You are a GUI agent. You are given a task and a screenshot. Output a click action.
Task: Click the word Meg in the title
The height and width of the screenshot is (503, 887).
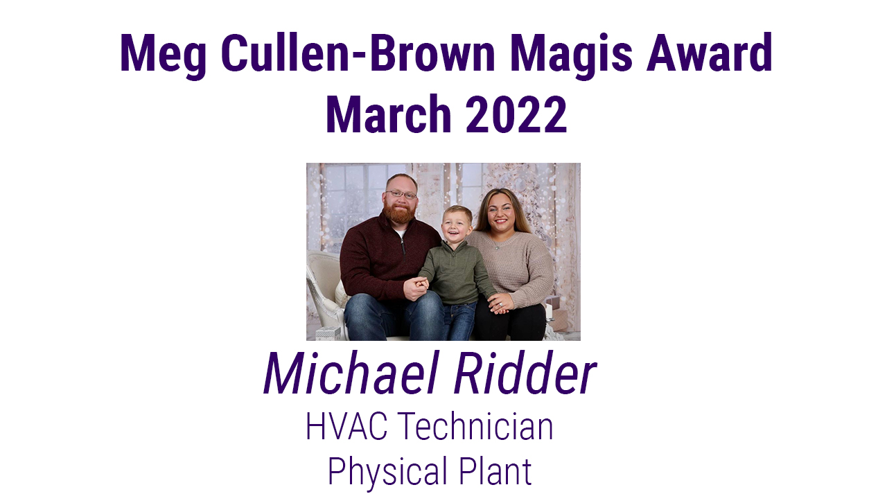point(163,55)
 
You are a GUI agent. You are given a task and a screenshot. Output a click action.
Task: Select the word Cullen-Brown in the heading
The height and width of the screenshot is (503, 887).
point(358,53)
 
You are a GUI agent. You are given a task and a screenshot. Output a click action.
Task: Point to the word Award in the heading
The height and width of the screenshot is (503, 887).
point(709,53)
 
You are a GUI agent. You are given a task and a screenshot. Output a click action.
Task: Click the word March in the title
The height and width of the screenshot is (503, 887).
point(389,114)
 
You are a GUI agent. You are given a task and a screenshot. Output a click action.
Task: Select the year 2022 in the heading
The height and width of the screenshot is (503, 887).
point(516,114)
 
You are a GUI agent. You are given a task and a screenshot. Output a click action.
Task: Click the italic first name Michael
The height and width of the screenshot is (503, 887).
point(351,373)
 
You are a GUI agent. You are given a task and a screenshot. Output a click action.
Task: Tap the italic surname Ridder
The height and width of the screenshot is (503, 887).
point(525,373)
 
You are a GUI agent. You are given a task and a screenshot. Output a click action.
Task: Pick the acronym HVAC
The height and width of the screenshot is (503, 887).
point(346,426)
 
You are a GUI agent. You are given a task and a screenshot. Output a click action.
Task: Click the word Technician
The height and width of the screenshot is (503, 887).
point(475,426)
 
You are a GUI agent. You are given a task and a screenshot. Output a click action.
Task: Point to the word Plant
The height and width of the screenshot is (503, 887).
point(495,470)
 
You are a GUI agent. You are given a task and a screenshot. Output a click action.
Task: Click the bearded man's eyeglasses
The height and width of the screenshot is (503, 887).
point(401,195)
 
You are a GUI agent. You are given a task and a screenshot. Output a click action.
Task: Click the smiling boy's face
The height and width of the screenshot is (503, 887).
point(457,224)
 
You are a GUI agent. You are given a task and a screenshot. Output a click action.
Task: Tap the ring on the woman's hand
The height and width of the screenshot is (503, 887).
point(502,304)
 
